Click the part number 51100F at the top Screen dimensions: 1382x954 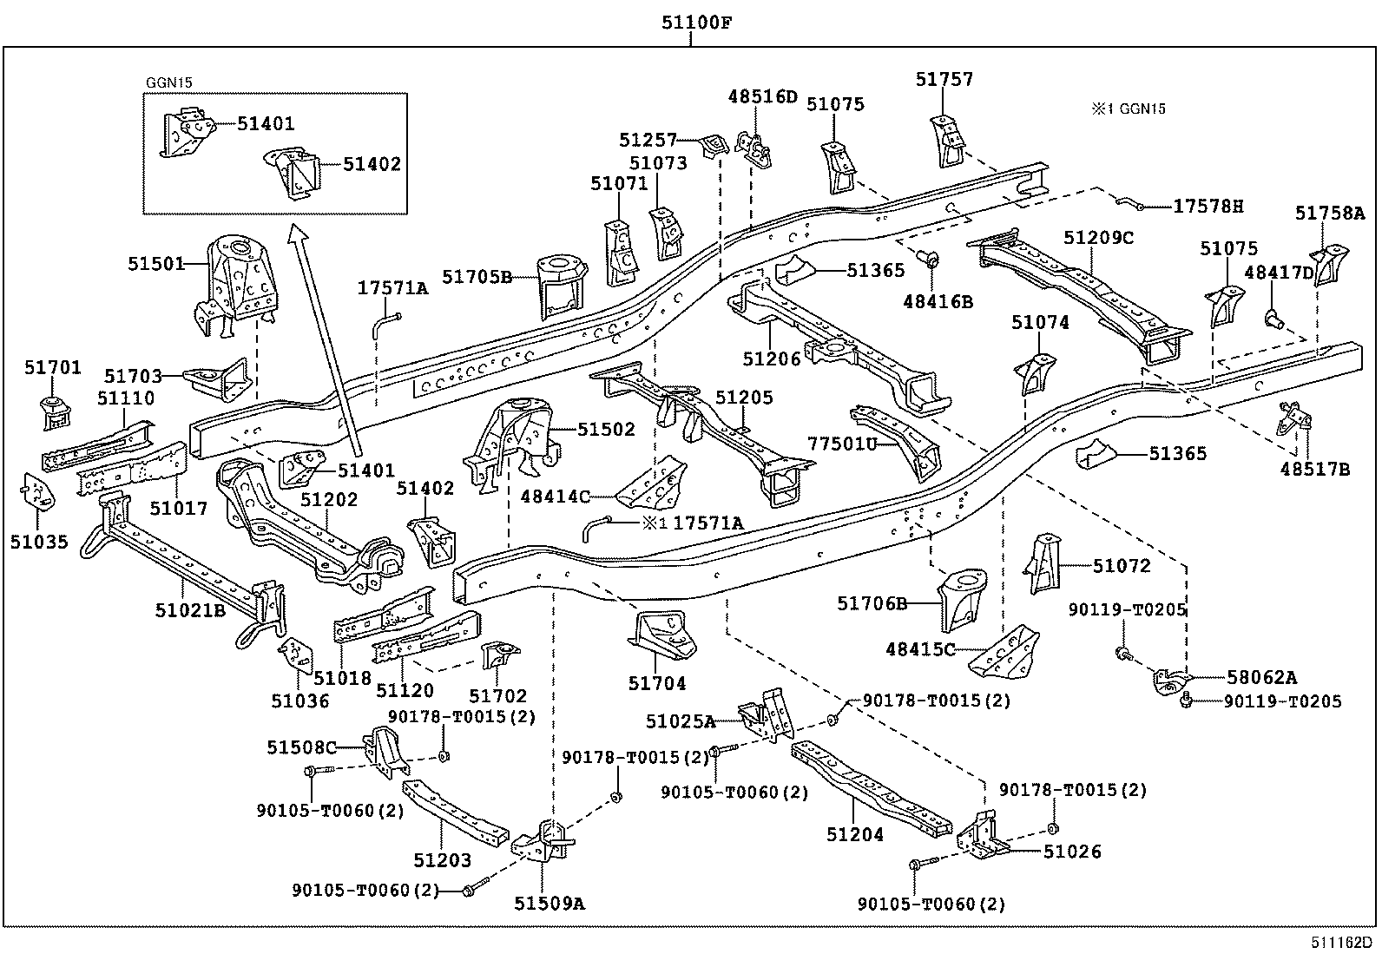(696, 23)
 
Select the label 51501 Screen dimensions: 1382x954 (156, 264)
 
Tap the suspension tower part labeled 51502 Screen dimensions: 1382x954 (511, 445)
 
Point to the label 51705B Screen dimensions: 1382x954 (477, 277)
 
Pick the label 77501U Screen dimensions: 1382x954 (842, 444)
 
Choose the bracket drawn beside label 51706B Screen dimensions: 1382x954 (962, 600)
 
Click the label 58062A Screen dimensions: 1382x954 (1261, 678)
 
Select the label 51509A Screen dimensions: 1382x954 (550, 904)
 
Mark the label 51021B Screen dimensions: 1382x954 (190, 610)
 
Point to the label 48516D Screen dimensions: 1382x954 (762, 97)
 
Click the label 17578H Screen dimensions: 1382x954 (1208, 206)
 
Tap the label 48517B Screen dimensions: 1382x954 (1315, 470)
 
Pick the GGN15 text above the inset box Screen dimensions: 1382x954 (169, 82)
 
